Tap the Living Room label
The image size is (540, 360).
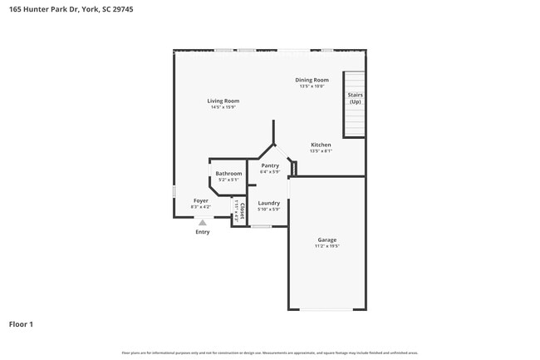(x=223, y=101)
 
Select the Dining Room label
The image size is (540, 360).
(x=312, y=80)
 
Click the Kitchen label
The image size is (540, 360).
(x=321, y=145)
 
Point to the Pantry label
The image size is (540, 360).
(x=270, y=165)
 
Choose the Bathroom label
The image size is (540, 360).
(x=228, y=173)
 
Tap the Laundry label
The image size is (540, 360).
(x=268, y=203)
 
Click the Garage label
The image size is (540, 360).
(x=326, y=239)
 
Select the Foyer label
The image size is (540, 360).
(x=201, y=200)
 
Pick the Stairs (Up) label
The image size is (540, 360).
(x=355, y=98)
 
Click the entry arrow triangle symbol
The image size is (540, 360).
(x=202, y=222)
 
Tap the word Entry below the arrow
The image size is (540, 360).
(x=203, y=232)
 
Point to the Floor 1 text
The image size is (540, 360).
(x=22, y=323)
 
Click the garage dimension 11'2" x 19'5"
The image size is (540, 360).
(x=326, y=246)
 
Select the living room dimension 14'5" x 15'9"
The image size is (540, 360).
(x=223, y=107)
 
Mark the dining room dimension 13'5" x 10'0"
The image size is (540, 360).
(x=312, y=86)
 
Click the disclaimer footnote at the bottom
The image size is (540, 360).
(x=270, y=353)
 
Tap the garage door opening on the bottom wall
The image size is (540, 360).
(x=326, y=309)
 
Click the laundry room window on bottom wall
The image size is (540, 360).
(x=260, y=226)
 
